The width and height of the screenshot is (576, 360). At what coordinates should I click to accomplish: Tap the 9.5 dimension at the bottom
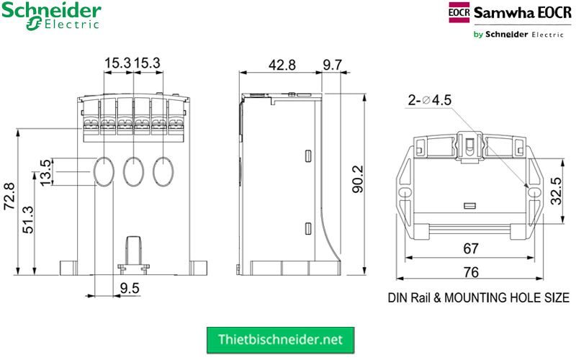130,289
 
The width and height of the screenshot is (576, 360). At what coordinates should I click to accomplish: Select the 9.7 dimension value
332,64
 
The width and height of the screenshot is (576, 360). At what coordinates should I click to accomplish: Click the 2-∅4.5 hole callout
429,100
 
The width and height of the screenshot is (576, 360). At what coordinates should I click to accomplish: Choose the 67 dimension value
471,249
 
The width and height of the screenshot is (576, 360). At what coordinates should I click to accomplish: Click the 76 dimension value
471,272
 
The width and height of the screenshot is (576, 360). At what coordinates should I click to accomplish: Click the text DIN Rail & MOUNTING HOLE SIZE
478,297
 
